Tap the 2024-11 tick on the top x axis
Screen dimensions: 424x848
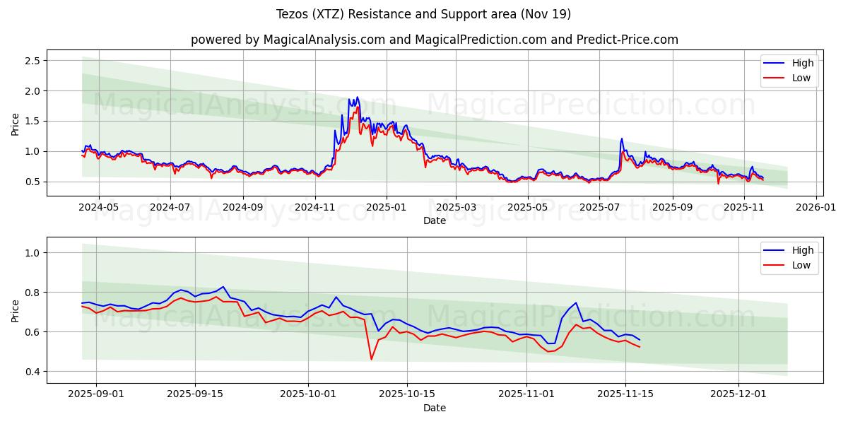(x=314, y=207)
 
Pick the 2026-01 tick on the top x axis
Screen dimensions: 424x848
(x=816, y=207)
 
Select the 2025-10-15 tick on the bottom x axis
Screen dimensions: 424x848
(x=406, y=394)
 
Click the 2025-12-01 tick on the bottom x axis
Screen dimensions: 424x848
(x=738, y=394)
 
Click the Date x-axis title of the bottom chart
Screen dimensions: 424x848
(x=434, y=408)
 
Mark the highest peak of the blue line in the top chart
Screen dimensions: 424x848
(x=357, y=98)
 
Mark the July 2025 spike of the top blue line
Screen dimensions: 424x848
(x=622, y=139)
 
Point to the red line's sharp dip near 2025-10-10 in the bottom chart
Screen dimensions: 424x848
(x=372, y=359)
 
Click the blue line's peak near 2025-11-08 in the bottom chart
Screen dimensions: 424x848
(x=576, y=302)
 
